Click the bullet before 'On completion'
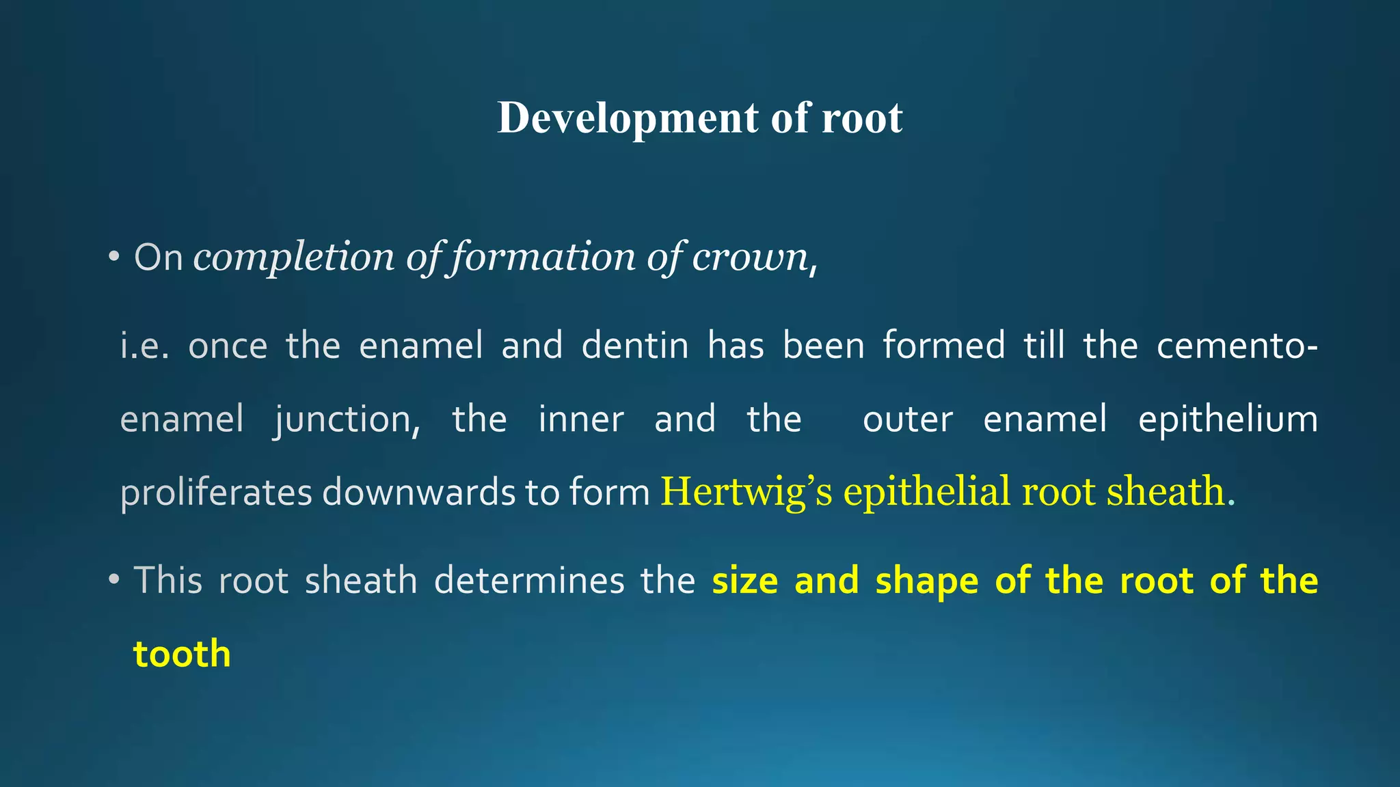click(114, 258)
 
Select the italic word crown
click(750, 258)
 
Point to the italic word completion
click(294, 258)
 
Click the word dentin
click(635, 345)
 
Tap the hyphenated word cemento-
click(1237, 345)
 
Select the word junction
click(347, 419)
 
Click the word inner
click(581, 419)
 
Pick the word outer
click(907, 419)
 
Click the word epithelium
click(1228, 419)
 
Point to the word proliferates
click(216, 493)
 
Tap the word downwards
click(418, 493)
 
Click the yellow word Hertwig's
click(746, 493)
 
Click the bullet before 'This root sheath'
click(114, 581)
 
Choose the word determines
click(529, 581)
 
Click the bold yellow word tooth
click(182, 654)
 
